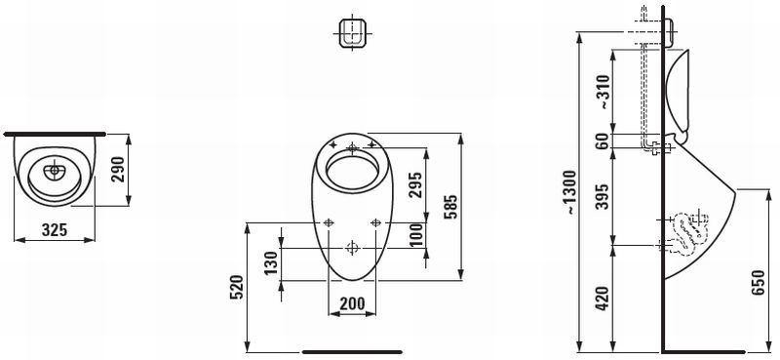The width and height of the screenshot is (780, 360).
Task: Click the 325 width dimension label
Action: [x=55, y=229]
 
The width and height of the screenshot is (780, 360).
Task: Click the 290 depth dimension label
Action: [x=118, y=170]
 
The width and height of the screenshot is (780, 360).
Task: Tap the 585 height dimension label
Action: [x=450, y=207]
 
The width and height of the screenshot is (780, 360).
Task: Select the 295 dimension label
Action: [x=415, y=184]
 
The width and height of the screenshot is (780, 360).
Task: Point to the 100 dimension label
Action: [x=417, y=234]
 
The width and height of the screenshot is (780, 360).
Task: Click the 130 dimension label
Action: [x=270, y=263]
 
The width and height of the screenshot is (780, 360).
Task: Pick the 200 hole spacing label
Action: [x=352, y=302]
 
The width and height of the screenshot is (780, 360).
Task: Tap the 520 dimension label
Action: [x=236, y=287]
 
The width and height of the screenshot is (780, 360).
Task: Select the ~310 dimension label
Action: [x=603, y=92]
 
